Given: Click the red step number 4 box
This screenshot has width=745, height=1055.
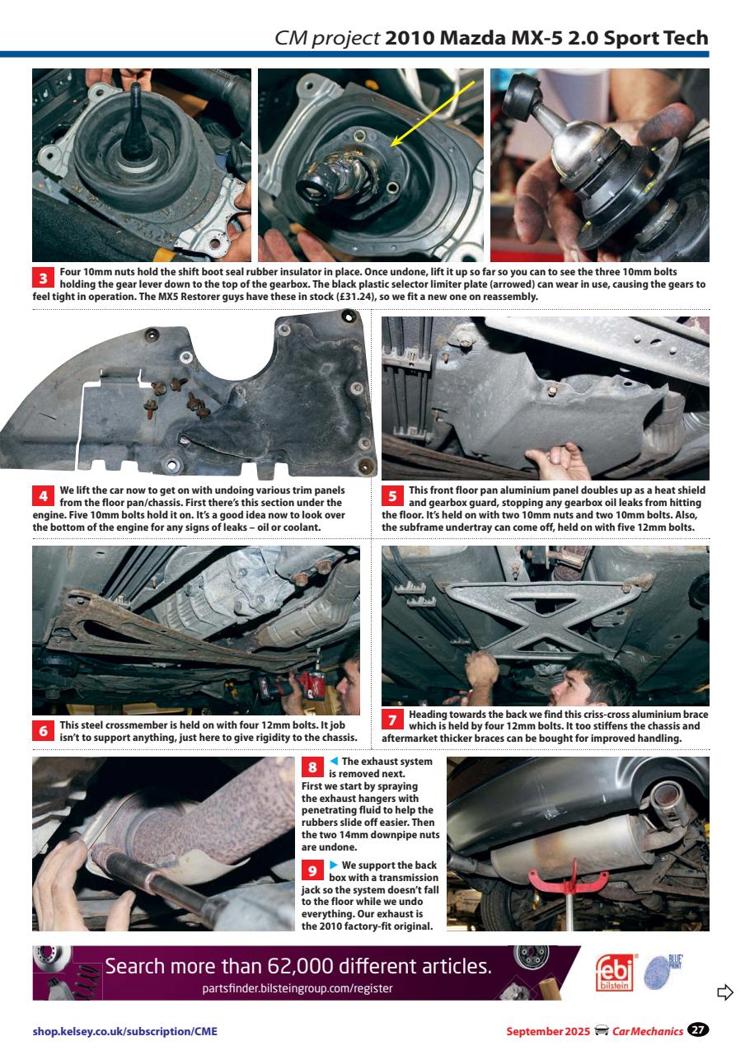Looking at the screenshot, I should (44, 497).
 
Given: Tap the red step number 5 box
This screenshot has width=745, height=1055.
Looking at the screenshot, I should (393, 497).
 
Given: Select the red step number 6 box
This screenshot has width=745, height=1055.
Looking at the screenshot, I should (44, 730).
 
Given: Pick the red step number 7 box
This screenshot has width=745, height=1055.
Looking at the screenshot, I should (393, 720).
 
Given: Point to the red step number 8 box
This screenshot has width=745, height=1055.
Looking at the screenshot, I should (313, 768).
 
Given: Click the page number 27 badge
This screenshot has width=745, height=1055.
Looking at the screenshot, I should (698, 1030).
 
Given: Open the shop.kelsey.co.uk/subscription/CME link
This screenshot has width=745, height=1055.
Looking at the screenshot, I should (125, 1031).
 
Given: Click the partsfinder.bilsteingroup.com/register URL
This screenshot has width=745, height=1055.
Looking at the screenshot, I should (298, 988).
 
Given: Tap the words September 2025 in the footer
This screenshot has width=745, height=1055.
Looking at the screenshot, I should (543, 1031).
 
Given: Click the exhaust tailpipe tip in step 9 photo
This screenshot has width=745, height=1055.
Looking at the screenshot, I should (664, 799).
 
